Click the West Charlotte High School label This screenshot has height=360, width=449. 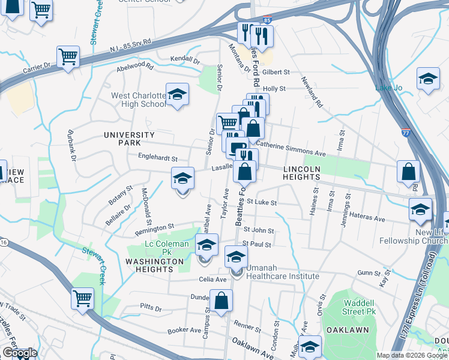click(138, 100)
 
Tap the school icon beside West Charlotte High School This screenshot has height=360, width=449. click(177, 95)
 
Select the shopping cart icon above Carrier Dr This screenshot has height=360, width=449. click(68, 58)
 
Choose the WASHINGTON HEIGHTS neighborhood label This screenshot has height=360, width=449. click(154, 265)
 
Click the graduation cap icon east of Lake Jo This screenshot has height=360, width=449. click(427, 79)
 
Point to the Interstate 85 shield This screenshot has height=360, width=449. click(267, 20)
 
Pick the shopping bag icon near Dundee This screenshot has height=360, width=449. click(221, 301)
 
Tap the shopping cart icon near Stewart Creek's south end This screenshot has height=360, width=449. click(82, 298)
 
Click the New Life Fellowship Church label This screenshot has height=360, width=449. click(414, 236)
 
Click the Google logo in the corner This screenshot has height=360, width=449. click(19, 353)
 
